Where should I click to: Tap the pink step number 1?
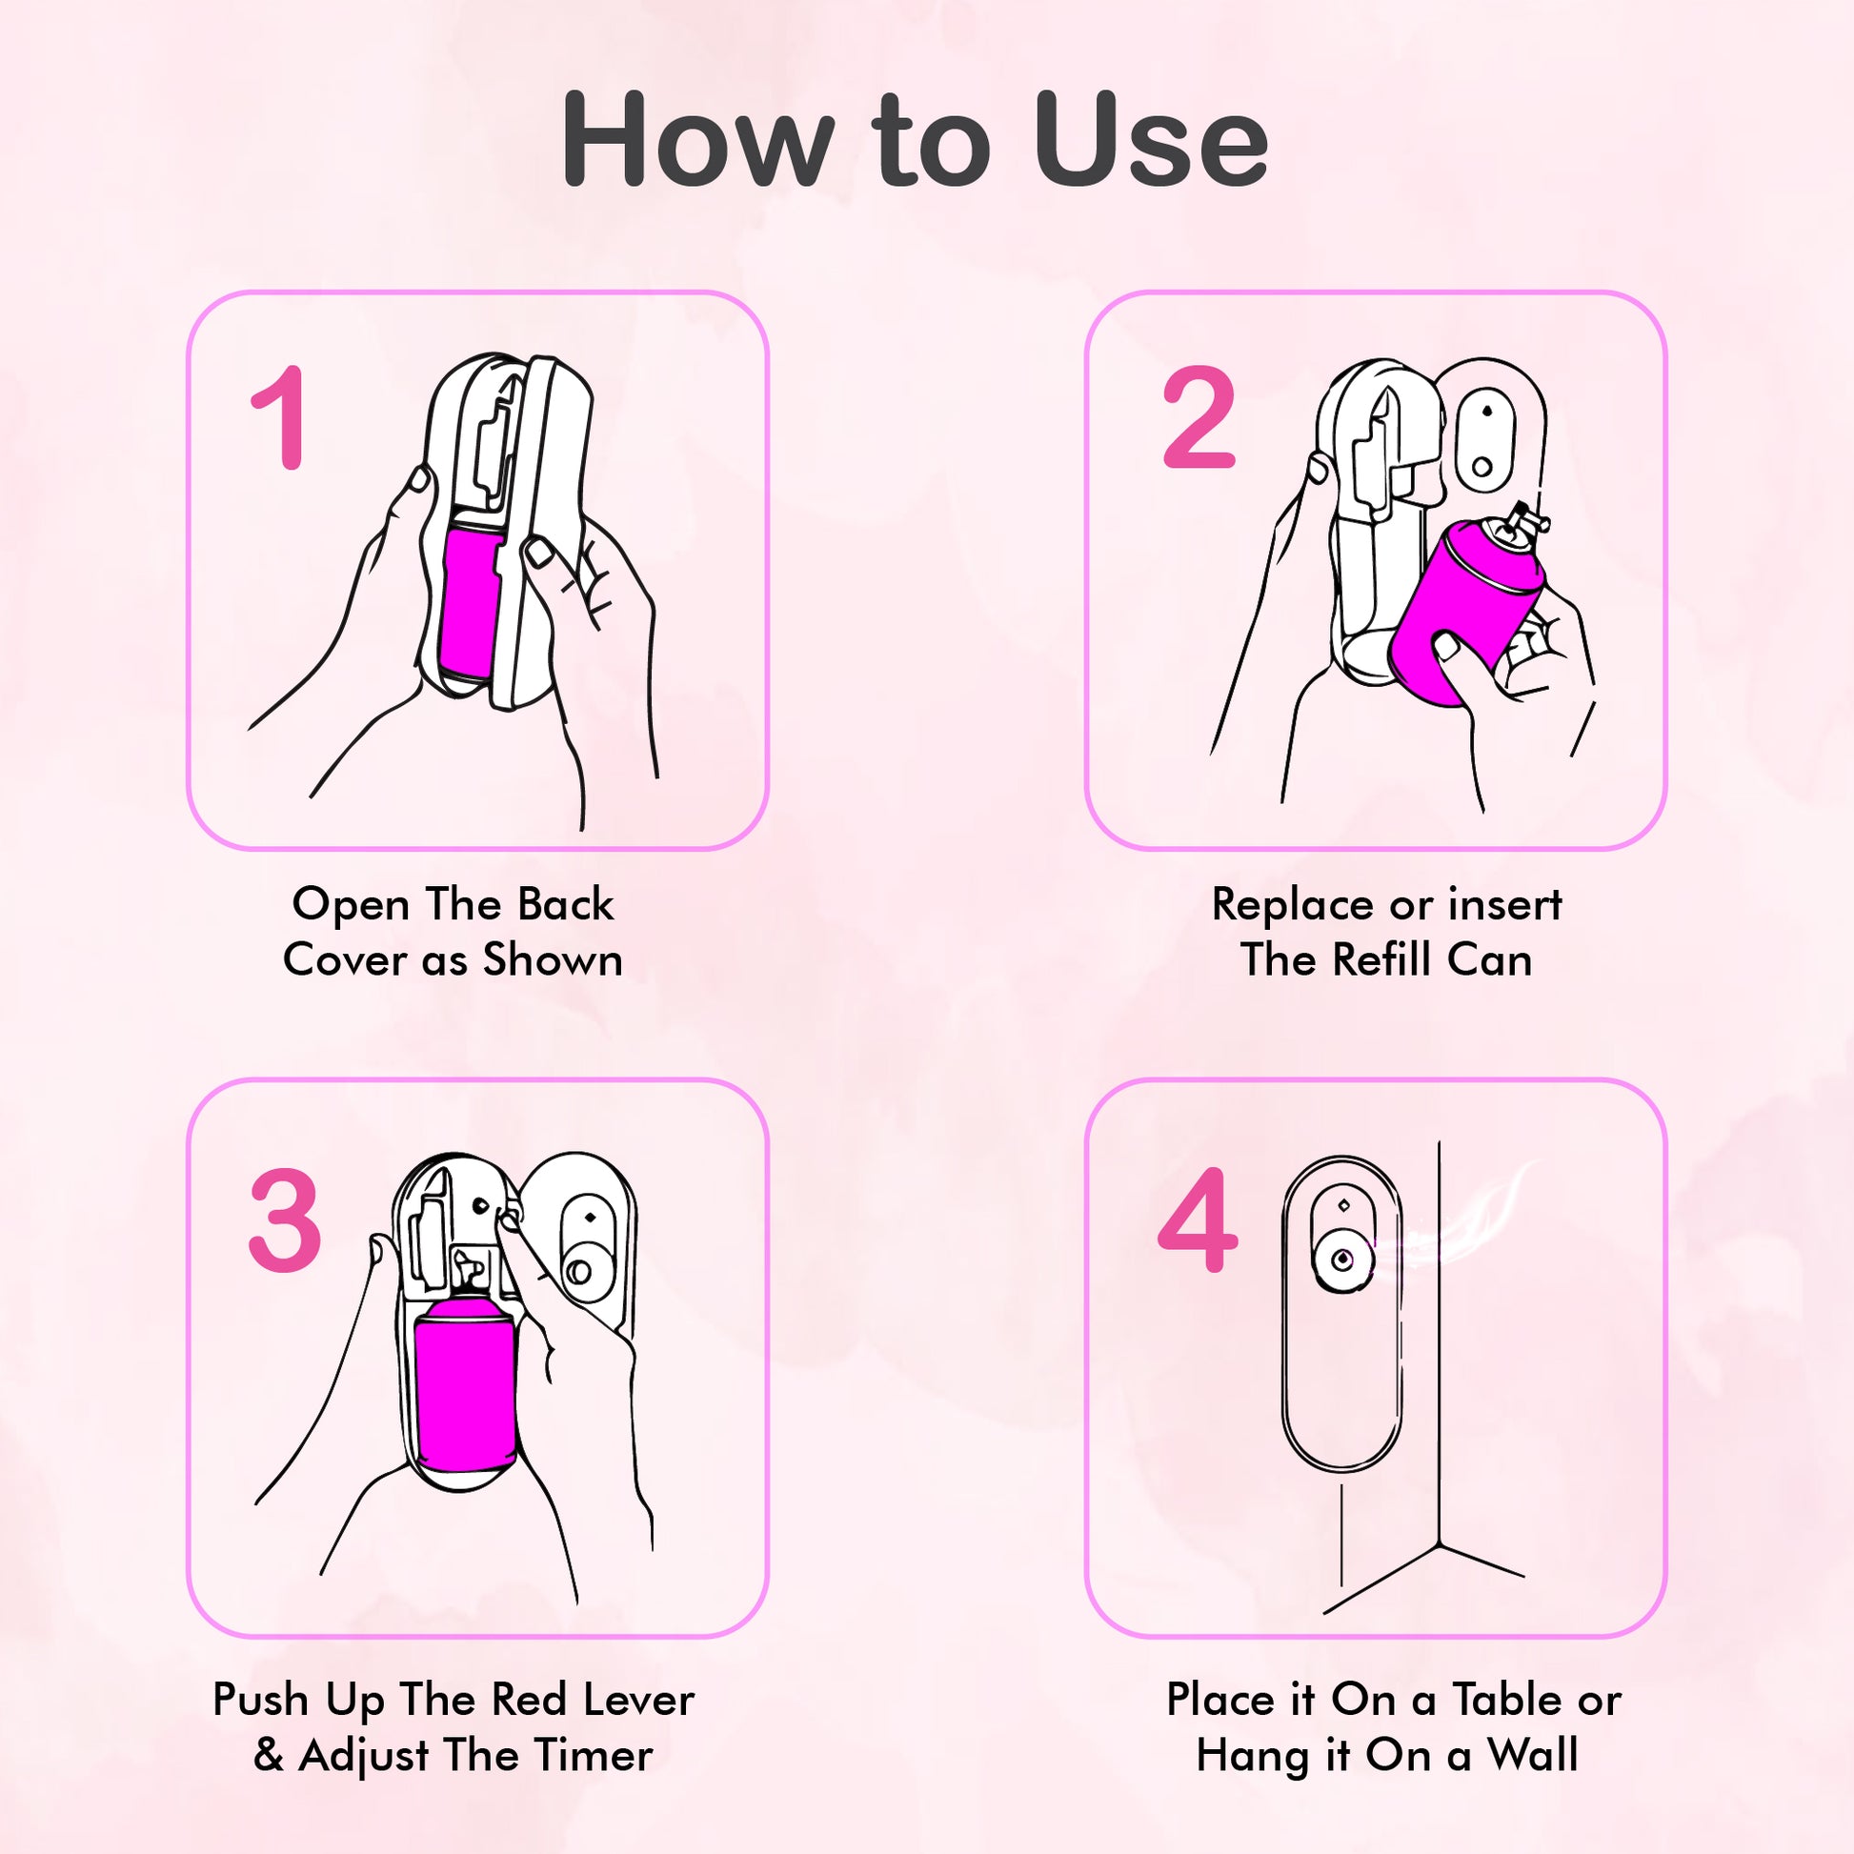click(x=279, y=418)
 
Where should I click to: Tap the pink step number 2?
click(x=1198, y=418)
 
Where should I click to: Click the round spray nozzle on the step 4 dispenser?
click(x=1340, y=1260)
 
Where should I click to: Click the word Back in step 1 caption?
click(x=566, y=905)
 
